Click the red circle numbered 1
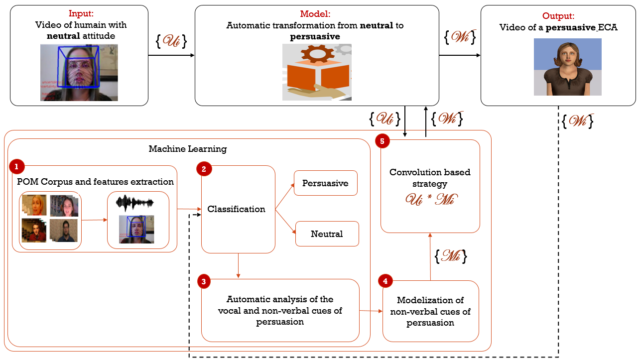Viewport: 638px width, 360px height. pyautogui.click(x=16, y=166)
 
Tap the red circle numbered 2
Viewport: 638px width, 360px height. pyautogui.click(x=204, y=169)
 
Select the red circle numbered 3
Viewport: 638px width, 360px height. pyautogui.click(x=204, y=281)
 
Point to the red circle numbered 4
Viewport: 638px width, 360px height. pyautogui.click(x=385, y=281)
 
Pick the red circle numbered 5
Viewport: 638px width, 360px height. pyautogui.click(x=382, y=141)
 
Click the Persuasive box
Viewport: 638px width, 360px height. pyautogui.click(x=326, y=183)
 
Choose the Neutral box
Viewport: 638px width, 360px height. pyautogui.click(x=327, y=234)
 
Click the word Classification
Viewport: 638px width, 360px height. pyautogui.click(x=236, y=209)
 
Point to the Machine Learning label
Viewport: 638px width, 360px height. pyautogui.click(x=188, y=149)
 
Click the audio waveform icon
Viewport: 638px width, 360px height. pyautogui.click(x=135, y=203)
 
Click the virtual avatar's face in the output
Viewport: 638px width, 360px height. pyautogui.click(x=567, y=54)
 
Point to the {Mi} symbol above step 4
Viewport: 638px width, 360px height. pyautogui.click(x=451, y=256)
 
